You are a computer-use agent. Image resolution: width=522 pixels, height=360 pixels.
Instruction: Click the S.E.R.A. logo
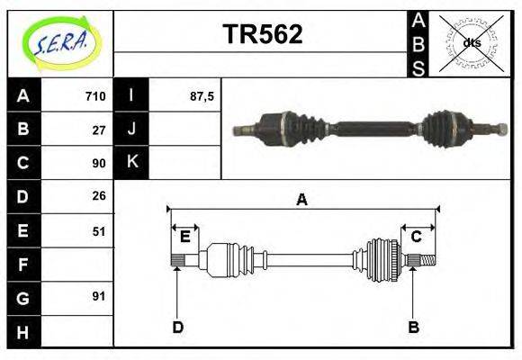click(60, 42)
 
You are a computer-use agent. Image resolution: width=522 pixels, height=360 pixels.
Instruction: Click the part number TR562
click(262, 34)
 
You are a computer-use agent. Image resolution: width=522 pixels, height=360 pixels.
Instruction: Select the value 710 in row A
click(95, 96)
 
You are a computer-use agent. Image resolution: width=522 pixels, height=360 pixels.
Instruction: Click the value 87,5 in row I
click(202, 96)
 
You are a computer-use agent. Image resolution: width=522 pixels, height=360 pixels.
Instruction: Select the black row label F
click(22, 264)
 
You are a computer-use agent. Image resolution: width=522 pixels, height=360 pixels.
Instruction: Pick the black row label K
click(131, 163)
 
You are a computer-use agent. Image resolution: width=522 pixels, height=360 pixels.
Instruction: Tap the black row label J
click(131, 130)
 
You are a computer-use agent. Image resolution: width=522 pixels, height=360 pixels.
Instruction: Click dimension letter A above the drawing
click(302, 199)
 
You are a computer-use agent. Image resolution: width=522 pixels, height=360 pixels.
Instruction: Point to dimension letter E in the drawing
click(184, 237)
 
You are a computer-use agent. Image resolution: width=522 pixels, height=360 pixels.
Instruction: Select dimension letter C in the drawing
click(417, 237)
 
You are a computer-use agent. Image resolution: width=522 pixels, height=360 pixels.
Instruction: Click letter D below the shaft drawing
click(178, 327)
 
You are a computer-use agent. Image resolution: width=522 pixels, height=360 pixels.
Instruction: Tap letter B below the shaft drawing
click(413, 327)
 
